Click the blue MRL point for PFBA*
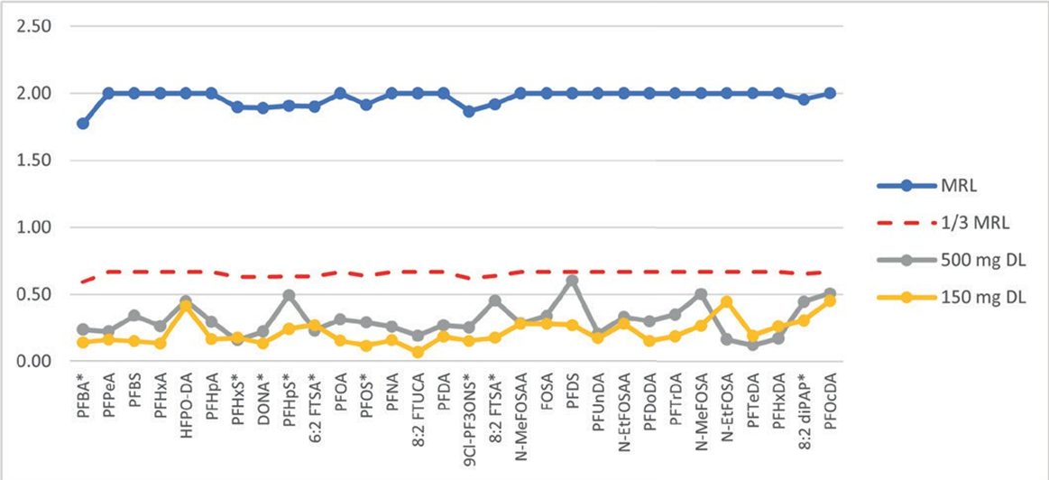point(83,123)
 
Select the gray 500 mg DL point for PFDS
point(572,281)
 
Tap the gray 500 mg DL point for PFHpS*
point(289,295)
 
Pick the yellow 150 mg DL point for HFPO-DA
point(186,306)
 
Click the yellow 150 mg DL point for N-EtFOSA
point(727,302)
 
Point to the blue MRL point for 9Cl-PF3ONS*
point(469,111)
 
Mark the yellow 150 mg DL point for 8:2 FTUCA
point(418,352)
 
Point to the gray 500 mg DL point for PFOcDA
point(830,294)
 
